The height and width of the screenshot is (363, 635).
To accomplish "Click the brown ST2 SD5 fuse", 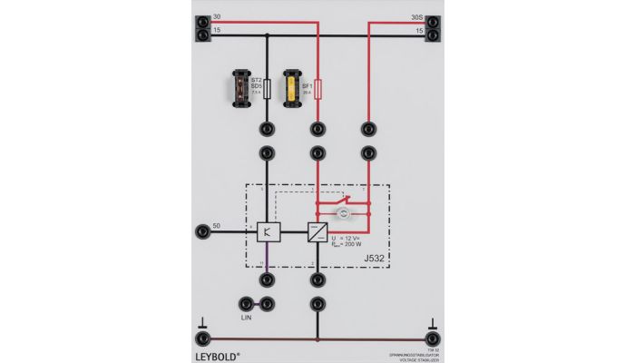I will [241, 87].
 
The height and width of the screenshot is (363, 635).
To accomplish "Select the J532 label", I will [374, 259].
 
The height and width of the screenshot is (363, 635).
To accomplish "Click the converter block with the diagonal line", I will [317, 232].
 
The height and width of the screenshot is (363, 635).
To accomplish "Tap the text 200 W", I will [358, 243].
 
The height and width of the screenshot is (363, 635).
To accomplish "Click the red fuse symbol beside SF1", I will [317, 89].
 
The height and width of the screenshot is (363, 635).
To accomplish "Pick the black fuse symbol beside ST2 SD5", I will [267, 89].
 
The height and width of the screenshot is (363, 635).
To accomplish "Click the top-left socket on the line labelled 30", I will [202, 19].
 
